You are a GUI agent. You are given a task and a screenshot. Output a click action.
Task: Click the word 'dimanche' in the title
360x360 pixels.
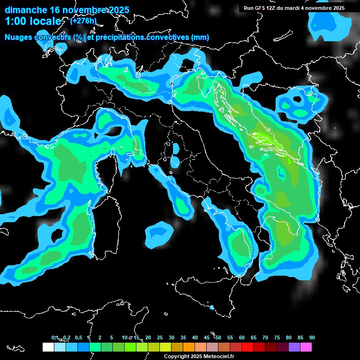point(26,10)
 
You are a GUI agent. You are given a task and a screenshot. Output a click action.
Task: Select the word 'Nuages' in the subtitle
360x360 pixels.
point(19,37)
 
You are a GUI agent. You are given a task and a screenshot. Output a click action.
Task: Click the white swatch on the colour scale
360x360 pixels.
point(48,347)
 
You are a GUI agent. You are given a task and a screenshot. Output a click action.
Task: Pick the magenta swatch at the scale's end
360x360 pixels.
point(306,347)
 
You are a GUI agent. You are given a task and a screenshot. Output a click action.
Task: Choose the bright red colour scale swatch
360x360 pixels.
point(247,347)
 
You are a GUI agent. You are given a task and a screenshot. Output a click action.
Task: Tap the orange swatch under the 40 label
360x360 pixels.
point(189,347)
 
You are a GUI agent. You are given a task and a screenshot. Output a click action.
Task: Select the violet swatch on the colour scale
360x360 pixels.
point(294,347)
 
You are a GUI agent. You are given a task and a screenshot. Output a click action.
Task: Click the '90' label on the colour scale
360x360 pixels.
point(312,338)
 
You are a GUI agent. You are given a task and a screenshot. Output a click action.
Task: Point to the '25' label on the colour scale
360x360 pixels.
point(160,338)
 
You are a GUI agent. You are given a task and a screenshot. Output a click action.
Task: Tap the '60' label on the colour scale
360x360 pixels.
point(242,338)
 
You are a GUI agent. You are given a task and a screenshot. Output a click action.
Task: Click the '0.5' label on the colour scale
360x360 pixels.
point(78,338)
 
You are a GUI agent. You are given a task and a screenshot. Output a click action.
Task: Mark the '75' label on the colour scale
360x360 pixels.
point(277,338)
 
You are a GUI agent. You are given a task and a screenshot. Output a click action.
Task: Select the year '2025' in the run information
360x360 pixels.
point(337,8)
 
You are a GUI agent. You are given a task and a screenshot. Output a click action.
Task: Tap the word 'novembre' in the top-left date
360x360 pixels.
point(85,10)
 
